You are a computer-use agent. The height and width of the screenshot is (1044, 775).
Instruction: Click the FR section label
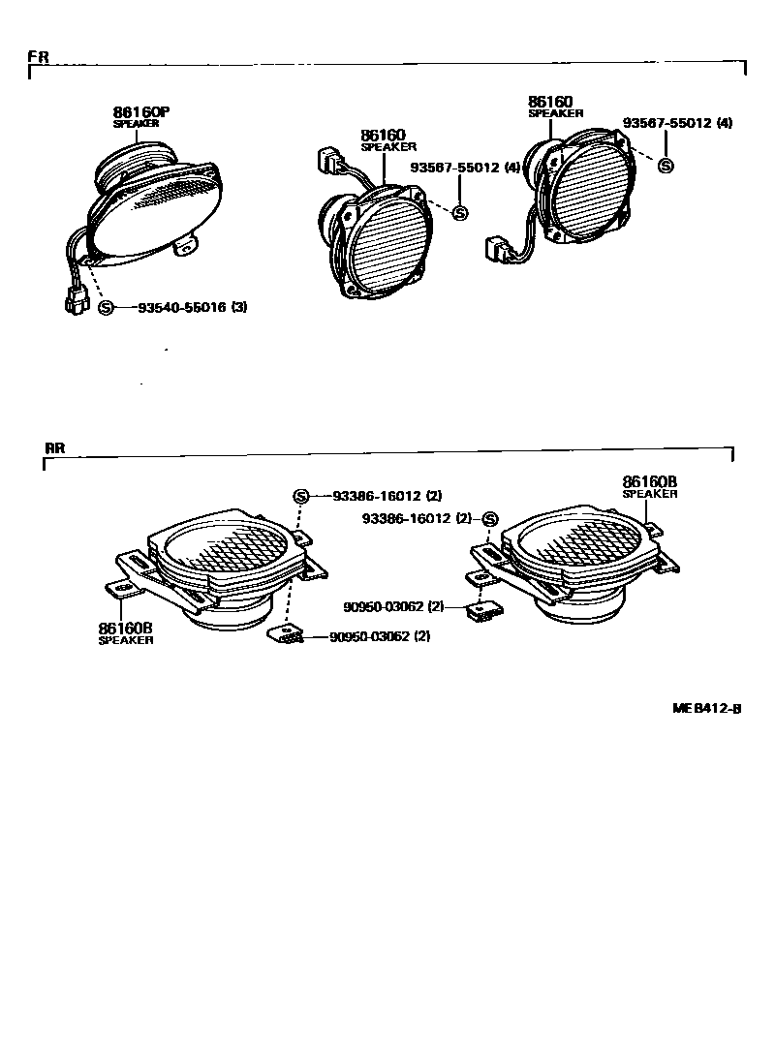pos(38,56)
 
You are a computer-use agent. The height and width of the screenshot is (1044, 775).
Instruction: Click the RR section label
pos(54,448)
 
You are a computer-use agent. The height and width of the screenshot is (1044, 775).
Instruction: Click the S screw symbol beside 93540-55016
pos(107,307)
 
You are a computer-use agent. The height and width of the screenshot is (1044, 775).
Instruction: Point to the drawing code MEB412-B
pos(707,708)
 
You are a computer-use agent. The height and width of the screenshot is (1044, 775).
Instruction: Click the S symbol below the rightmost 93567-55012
pos(666,166)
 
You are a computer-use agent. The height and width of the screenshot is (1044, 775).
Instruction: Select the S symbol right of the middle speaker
pos(460,213)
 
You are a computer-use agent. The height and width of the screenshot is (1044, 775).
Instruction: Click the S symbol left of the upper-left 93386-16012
pos(300,496)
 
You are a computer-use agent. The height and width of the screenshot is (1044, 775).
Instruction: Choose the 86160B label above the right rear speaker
pos(649,480)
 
